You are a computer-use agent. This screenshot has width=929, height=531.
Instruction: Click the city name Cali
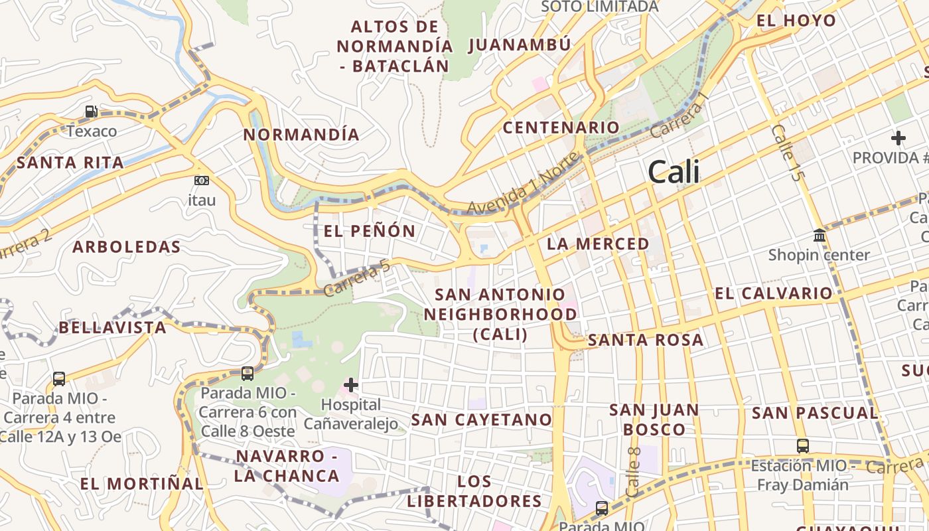(x=674, y=172)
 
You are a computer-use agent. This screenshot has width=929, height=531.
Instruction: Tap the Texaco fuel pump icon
(x=91, y=112)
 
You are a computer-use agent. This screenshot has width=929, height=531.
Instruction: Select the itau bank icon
(x=202, y=181)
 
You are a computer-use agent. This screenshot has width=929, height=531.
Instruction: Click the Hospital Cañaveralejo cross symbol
(x=350, y=384)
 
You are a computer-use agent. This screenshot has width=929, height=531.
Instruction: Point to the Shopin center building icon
(x=820, y=236)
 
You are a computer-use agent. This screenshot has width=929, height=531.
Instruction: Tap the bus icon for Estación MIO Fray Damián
(x=803, y=446)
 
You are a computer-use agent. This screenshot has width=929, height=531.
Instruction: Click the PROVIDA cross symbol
(x=898, y=138)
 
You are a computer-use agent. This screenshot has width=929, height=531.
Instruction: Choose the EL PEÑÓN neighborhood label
(x=370, y=231)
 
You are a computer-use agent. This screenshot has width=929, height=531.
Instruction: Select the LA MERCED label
(x=598, y=244)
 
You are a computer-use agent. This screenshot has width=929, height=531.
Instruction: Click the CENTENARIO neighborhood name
(x=561, y=127)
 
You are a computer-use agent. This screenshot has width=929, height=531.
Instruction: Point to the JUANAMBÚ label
(x=520, y=45)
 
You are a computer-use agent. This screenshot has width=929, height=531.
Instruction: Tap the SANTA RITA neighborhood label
(x=70, y=163)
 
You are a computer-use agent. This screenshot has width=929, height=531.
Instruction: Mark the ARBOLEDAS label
(x=127, y=247)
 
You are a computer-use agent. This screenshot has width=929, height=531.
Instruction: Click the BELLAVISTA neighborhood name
(x=113, y=327)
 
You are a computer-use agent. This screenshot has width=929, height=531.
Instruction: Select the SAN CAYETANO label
(x=482, y=419)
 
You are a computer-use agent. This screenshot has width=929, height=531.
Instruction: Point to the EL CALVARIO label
(x=774, y=293)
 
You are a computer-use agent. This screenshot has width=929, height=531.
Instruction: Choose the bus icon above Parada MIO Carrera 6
(x=248, y=374)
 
